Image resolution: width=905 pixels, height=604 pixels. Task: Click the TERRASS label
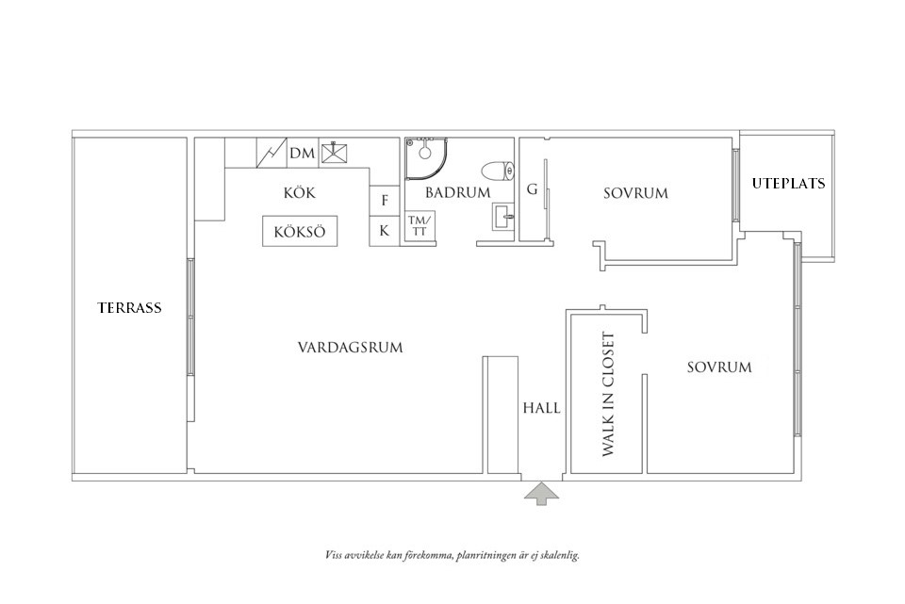pyautogui.click(x=129, y=307)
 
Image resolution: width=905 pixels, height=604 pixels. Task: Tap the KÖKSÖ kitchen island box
pyautogui.click(x=300, y=232)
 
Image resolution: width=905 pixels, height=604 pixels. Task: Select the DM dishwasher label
pyautogui.click(x=302, y=154)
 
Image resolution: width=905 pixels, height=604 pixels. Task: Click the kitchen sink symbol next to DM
pyautogui.click(x=334, y=154)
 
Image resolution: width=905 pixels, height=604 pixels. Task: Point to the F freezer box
pyautogui.click(x=385, y=200)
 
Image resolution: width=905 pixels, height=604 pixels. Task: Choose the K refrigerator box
pyautogui.click(x=385, y=230)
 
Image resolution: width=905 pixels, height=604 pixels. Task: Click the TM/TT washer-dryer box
pyautogui.click(x=417, y=226)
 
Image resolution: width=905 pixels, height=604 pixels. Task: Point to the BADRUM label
pyautogui.click(x=458, y=193)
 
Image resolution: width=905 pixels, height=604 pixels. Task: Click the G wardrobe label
pyautogui.click(x=532, y=190)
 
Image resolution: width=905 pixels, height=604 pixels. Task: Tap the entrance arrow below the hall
pyautogui.click(x=541, y=494)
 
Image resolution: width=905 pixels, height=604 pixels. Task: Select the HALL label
pyautogui.click(x=541, y=409)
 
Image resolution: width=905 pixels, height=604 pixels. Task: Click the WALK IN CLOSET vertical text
pyautogui.click(x=608, y=395)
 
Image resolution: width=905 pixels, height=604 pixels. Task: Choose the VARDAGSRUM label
pyautogui.click(x=350, y=348)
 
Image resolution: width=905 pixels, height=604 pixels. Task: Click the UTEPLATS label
pyautogui.click(x=788, y=184)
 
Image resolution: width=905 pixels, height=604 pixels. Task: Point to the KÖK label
pyautogui.click(x=299, y=193)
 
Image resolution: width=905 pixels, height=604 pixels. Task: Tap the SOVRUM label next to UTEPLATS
pyautogui.click(x=635, y=193)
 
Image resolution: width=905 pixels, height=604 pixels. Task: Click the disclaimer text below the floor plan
pyautogui.click(x=451, y=555)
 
